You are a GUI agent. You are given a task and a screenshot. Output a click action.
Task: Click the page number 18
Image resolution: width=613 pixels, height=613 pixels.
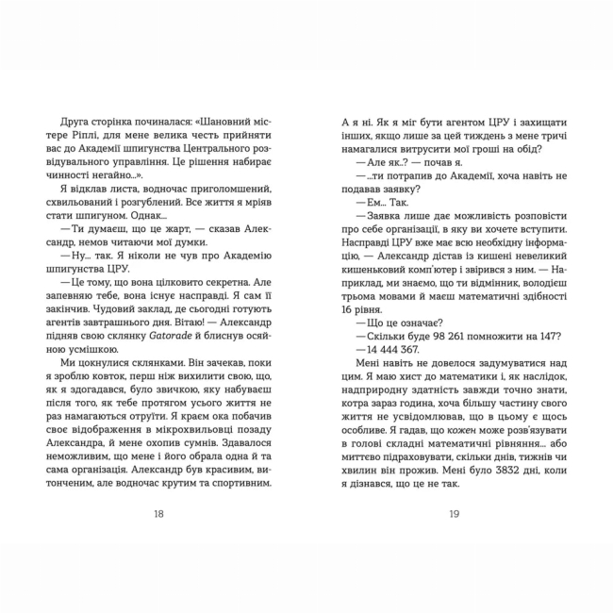157,514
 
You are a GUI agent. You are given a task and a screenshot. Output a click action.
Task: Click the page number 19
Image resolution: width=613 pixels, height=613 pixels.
455,514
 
